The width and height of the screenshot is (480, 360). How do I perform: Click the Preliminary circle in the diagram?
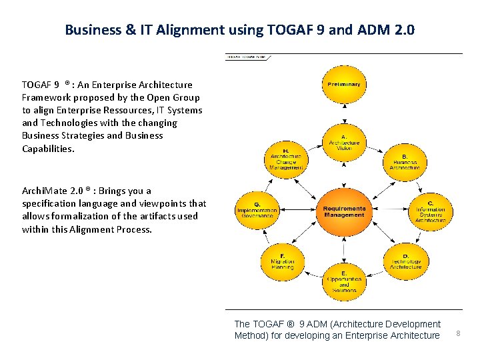pyautogui.click(x=344, y=85)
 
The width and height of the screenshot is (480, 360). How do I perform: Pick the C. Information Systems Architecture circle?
pyautogui.click(x=430, y=211)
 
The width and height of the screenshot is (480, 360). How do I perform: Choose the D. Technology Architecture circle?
pyautogui.click(x=405, y=261)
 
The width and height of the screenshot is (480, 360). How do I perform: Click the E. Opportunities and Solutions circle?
pyautogui.click(x=344, y=281)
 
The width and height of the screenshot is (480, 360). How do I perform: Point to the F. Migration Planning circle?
pyautogui.click(x=283, y=261)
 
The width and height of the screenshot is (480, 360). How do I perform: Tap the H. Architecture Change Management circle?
pyautogui.click(x=285, y=159)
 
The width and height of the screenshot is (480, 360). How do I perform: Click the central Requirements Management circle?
pyautogui.click(x=344, y=211)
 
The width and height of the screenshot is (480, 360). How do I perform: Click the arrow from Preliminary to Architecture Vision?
pyautogui.click(x=344, y=113)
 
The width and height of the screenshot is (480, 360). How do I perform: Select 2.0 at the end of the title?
pyautogui.click(x=402, y=30)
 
